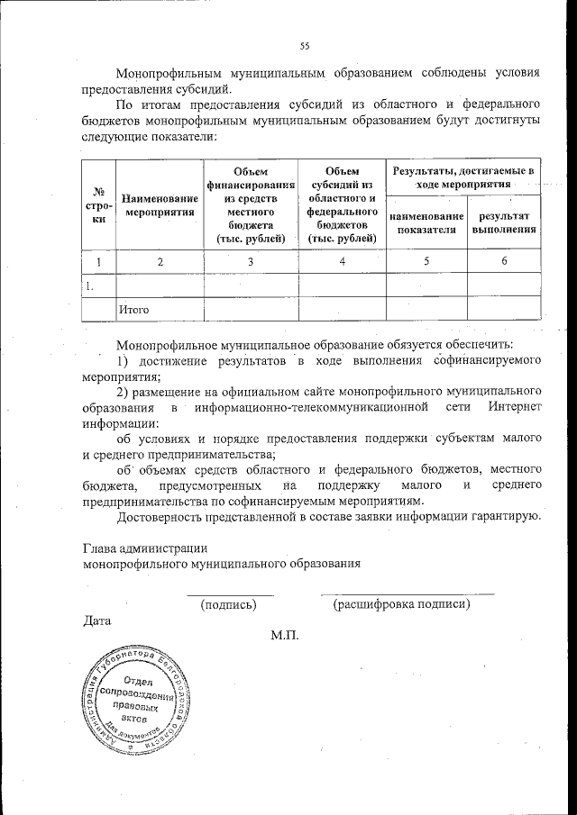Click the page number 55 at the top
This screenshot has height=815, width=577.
(x=304, y=47)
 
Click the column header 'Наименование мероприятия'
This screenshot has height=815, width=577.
(x=160, y=205)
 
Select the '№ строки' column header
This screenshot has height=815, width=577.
(x=98, y=205)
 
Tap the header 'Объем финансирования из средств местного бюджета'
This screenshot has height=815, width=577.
(x=251, y=204)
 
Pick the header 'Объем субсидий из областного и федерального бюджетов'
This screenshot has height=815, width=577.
(x=342, y=204)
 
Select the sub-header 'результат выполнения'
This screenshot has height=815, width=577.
(x=504, y=222)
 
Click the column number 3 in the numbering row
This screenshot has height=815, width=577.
(x=251, y=261)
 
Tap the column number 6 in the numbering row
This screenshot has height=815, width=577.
(x=504, y=261)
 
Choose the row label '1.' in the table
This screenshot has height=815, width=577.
(x=89, y=285)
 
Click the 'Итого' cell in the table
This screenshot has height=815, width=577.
(x=132, y=310)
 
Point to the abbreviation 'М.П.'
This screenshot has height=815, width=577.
(x=284, y=636)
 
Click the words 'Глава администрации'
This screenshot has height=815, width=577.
(x=144, y=547)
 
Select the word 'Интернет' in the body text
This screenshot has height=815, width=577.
(x=515, y=408)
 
